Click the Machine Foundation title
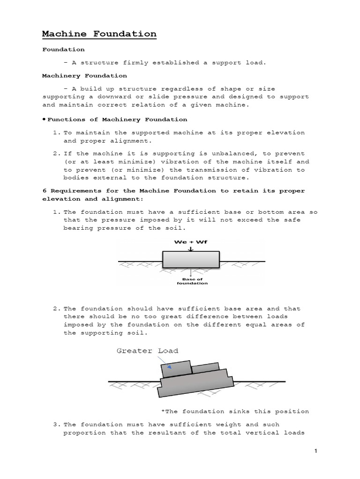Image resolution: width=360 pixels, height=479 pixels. [99, 34]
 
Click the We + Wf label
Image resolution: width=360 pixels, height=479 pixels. [190, 242]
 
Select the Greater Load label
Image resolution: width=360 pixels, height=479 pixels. [147, 351]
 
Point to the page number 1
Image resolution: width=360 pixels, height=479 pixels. [316, 451]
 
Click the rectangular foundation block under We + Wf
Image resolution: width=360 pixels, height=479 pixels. [190, 261]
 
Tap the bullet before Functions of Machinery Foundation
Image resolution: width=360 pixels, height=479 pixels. [44, 119]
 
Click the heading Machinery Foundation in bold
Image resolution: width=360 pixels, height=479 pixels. [84, 75]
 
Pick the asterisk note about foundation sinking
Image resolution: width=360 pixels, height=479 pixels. [235, 412]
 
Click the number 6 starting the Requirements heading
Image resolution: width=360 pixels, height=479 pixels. [44, 191]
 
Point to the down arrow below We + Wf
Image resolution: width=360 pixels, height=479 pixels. [190, 249]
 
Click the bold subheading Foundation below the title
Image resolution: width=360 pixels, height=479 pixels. [63, 49]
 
